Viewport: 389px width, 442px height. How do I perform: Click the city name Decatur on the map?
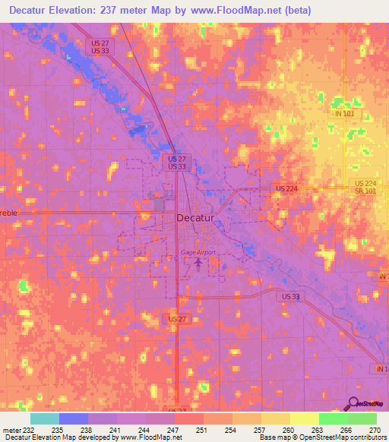tap(195, 217)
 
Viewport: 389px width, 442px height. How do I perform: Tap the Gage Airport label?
tap(198, 252)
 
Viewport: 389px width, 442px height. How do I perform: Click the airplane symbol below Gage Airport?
tap(199, 264)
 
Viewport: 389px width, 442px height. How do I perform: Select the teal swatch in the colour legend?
tap(45, 418)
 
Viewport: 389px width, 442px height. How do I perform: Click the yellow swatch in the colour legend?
tap(304, 418)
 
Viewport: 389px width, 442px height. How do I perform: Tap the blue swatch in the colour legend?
tap(74, 418)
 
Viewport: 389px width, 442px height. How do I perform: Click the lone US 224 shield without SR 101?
tap(286, 188)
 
